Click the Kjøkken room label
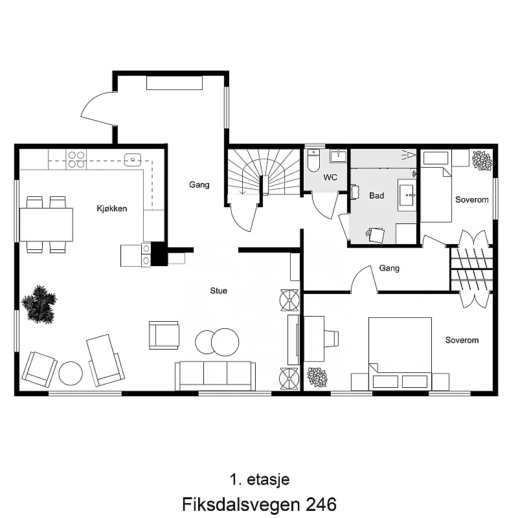(111, 208)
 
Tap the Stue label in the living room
(219, 291)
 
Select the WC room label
(330, 177)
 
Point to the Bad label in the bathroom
(376, 195)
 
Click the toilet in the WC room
(314, 161)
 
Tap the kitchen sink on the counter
(133, 158)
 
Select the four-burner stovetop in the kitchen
(77, 159)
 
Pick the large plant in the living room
(39, 304)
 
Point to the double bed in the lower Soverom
(400, 353)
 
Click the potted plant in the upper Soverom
(481, 160)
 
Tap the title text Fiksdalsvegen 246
(259, 504)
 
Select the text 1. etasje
(259, 480)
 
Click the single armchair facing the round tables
(164, 335)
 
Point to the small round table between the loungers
(71, 373)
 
